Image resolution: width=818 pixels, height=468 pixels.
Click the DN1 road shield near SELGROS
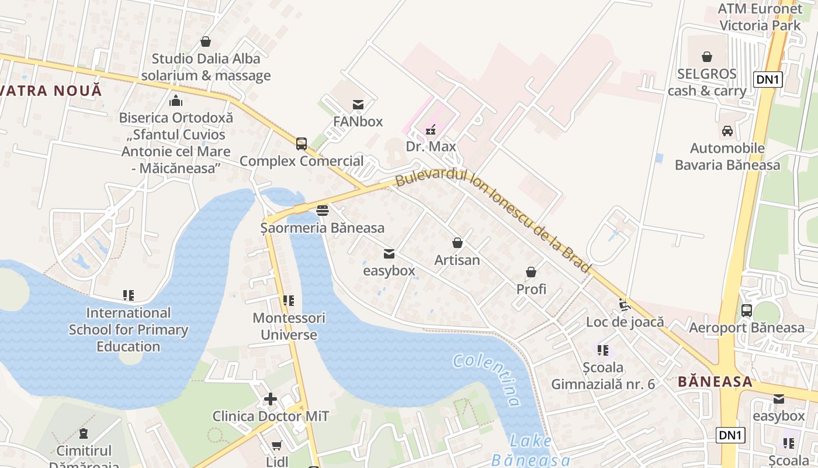click(x=768, y=80)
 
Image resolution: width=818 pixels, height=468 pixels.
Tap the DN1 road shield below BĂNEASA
click(x=730, y=435)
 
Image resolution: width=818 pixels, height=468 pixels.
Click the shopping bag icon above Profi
click(x=531, y=272)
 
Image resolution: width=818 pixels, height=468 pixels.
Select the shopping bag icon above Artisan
click(x=457, y=243)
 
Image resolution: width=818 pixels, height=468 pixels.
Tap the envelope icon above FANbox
click(x=358, y=105)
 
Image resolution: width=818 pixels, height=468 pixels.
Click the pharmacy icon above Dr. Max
click(x=431, y=129)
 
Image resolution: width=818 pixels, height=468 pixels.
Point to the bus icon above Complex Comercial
click(x=301, y=143)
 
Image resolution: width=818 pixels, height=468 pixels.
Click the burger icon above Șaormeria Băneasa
click(x=323, y=211)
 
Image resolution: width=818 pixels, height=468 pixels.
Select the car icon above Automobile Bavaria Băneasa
click(x=727, y=131)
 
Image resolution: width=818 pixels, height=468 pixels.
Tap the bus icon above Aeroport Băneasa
click(x=747, y=311)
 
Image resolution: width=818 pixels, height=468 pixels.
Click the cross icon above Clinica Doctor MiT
click(x=271, y=399)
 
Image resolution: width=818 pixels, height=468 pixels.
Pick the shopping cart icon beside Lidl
click(x=277, y=446)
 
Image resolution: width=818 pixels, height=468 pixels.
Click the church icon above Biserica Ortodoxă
click(x=176, y=101)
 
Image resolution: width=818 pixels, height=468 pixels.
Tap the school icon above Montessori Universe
click(x=289, y=301)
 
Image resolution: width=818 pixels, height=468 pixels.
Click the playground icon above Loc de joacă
click(x=624, y=305)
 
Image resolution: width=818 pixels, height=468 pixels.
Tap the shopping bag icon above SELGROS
click(x=707, y=57)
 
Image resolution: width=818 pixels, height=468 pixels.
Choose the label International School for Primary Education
click(x=129, y=329)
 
